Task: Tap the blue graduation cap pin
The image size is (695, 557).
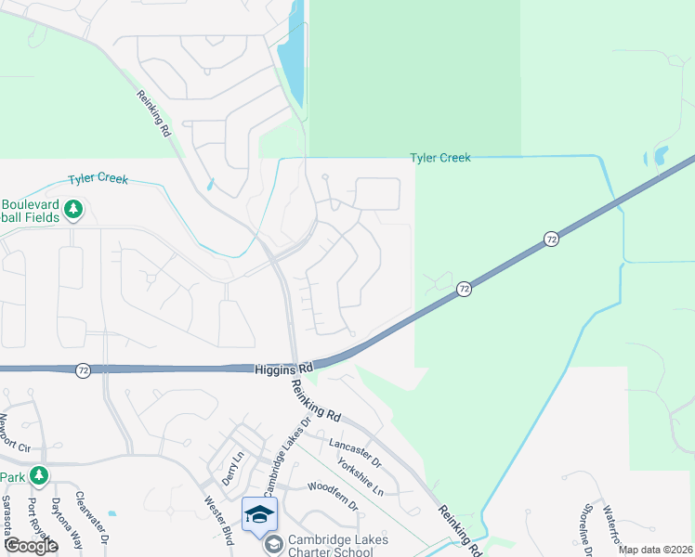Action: (x=259, y=513)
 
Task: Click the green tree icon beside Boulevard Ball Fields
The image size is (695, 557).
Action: (x=74, y=211)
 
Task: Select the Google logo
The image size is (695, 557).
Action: (x=30, y=546)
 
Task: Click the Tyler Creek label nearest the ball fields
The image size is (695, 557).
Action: (x=98, y=179)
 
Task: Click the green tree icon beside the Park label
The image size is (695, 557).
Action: (x=38, y=476)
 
